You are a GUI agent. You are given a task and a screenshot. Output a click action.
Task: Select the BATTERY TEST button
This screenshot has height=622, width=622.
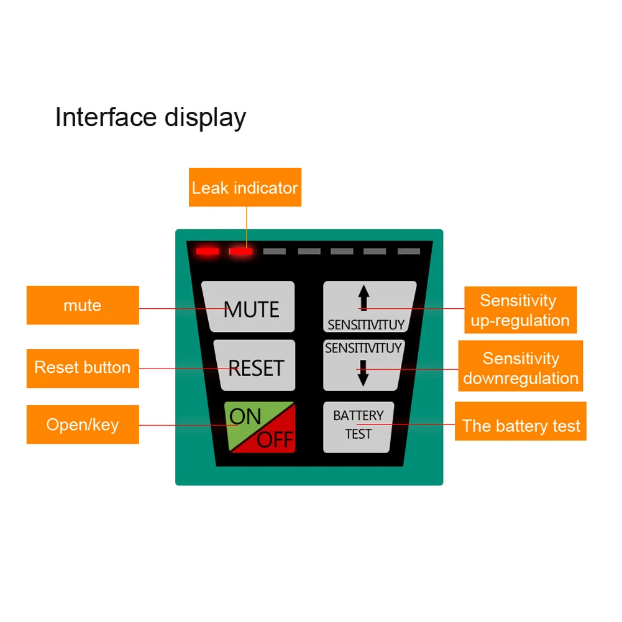click(358, 426)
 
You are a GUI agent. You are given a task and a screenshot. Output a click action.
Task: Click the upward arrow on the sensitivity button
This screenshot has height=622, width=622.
click(364, 297)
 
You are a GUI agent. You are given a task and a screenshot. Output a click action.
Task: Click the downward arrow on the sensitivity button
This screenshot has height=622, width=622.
click(364, 375)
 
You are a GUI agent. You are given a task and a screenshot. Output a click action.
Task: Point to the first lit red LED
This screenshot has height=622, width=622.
click(208, 252)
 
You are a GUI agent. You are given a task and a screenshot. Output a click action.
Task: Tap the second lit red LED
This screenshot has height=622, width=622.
click(240, 252)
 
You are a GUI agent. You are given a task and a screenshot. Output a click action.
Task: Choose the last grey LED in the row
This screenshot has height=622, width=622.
click(409, 252)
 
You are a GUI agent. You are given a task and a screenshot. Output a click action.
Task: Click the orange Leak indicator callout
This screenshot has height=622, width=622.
click(245, 188)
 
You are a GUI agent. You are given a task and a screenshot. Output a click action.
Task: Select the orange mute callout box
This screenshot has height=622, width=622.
click(83, 305)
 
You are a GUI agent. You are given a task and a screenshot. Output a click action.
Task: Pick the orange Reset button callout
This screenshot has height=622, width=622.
click(83, 367)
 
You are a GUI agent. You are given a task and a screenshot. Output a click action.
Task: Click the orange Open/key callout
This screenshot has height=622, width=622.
click(83, 425)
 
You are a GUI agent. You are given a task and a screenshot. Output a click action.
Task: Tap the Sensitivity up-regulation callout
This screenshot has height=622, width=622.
click(521, 310)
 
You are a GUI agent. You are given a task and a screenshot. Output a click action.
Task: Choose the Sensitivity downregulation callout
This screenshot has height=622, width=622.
click(521, 368)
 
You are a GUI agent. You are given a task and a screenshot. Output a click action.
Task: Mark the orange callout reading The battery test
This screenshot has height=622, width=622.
click(521, 426)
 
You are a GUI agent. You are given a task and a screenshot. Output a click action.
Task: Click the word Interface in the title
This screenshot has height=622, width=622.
click(105, 117)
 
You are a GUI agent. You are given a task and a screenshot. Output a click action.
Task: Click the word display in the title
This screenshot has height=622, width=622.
click(204, 117)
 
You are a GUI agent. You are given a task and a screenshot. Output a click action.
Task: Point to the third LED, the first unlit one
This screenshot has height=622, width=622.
click(274, 252)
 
